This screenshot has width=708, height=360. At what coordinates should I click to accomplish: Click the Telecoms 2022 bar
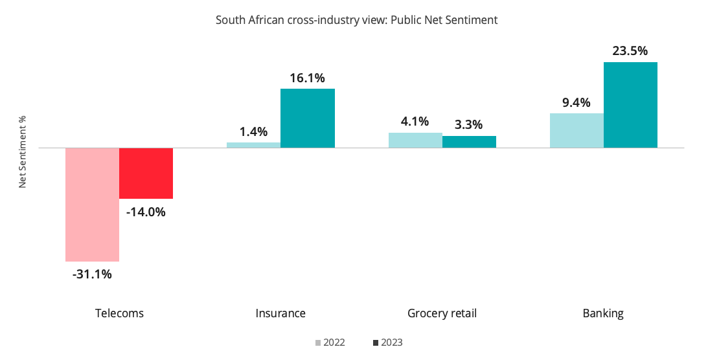[x=92, y=204]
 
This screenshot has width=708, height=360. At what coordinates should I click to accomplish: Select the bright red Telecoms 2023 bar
[x=146, y=173]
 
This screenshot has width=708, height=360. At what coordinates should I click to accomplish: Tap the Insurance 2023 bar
[x=307, y=118]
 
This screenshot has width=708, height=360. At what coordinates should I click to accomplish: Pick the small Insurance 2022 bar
[x=253, y=145]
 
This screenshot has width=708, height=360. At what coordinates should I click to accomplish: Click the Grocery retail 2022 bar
[x=415, y=140]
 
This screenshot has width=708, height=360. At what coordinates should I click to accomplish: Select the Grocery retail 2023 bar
[x=469, y=142]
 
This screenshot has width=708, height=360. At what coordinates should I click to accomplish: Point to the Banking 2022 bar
[x=577, y=130]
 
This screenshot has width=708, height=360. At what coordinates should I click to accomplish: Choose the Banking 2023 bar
[x=630, y=105]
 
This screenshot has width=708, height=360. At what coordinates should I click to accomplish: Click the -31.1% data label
[x=92, y=274]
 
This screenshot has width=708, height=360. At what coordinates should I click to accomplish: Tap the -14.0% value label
[x=146, y=212]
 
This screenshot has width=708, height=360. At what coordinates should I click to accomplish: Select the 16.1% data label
[x=307, y=78]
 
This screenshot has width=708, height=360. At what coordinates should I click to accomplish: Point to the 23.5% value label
[x=630, y=51]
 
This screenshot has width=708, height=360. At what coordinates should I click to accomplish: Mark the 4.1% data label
[x=415, y=121]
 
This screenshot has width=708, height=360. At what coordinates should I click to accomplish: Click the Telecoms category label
[x=119, y=313]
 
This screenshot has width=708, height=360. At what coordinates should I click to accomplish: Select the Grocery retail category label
[x=442, y=313]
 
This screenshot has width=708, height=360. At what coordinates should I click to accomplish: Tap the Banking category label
[x=603, y=313]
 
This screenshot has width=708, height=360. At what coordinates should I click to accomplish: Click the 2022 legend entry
[x=330, y=343]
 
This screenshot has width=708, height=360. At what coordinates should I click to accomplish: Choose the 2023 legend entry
[x=388, y=343]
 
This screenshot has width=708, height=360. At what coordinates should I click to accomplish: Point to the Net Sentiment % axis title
[x=22, y=152]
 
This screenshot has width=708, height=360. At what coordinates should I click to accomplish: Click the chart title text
[x=356, y=20]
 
